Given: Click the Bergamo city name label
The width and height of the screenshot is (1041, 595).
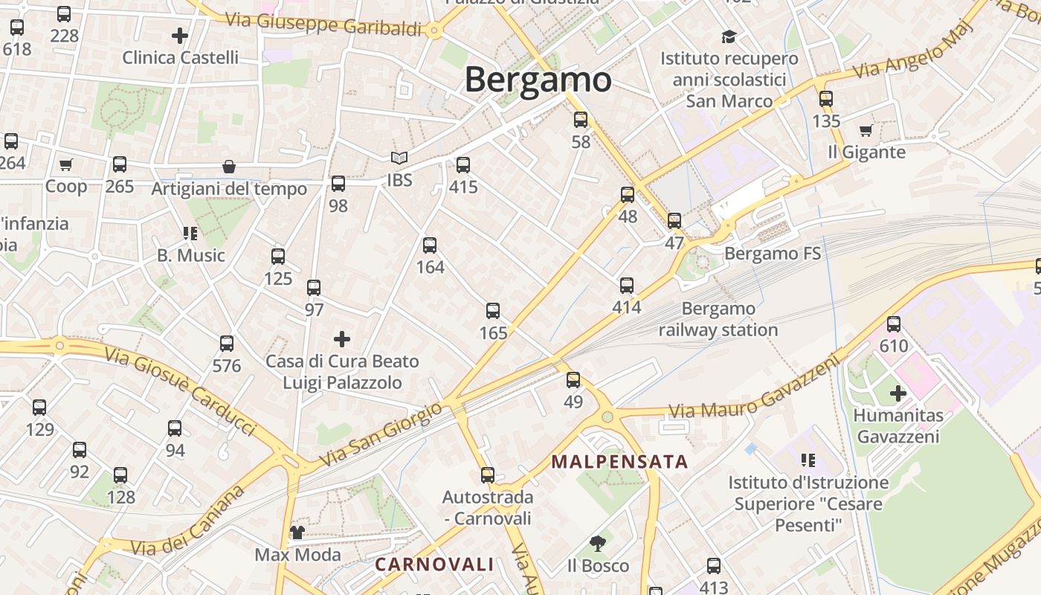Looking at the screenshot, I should (538, 80).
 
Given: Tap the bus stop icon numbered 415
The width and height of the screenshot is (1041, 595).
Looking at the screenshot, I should (463, 165).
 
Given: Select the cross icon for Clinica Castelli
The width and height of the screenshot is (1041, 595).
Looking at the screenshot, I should (180, 35).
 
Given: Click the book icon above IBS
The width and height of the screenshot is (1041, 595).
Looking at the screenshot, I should (399, 158).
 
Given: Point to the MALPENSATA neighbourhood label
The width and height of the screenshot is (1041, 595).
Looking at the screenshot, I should (619, 462).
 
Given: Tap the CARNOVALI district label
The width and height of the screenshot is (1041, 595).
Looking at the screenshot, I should (434, 564).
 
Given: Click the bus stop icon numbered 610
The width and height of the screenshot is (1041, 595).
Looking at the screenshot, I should (894, 324).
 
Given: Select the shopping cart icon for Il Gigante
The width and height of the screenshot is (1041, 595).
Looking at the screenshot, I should (866, 131).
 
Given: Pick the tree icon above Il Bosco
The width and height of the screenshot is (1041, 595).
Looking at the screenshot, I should (597, 544).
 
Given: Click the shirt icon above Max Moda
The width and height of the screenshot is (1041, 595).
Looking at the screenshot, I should (297, 532).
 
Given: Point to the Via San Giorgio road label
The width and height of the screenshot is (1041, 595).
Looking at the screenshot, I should (380, 435).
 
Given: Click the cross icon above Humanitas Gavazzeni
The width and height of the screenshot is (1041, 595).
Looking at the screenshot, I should (898, 393).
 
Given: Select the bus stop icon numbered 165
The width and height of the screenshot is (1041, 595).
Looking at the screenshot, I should (493, 311).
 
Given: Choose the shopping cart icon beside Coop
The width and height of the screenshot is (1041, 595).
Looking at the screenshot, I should (66, 164).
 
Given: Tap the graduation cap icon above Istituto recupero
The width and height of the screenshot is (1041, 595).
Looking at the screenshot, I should (729, 36).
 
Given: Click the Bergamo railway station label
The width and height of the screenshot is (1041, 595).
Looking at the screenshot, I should (718, 319).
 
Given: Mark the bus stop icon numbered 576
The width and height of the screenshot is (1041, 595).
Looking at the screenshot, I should (227, 344).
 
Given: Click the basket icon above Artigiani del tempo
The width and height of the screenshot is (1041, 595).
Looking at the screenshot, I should (229, 167).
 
